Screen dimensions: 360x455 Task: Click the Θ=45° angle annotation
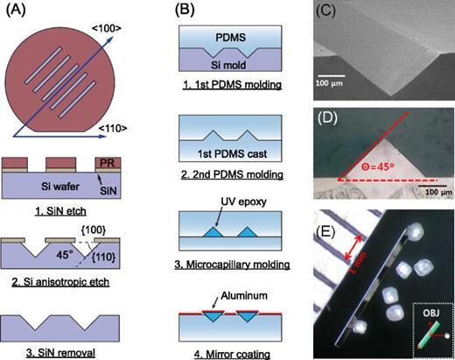pyautogui.click(x=381, y=159)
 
